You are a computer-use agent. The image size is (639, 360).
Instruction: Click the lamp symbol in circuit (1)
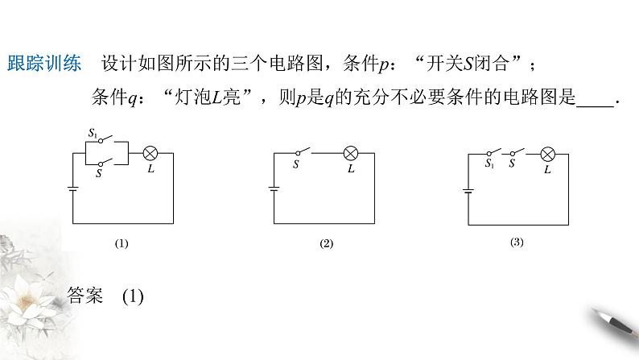(150, 152)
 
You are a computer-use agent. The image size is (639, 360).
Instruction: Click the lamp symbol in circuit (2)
(351, 153)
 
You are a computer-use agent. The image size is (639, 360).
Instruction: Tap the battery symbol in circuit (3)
(468, 191)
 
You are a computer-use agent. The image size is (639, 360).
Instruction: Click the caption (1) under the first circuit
(122, 242)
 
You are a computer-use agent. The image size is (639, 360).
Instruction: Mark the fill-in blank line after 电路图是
(596, 101)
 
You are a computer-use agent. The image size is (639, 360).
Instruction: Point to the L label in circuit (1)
(151, 168)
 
